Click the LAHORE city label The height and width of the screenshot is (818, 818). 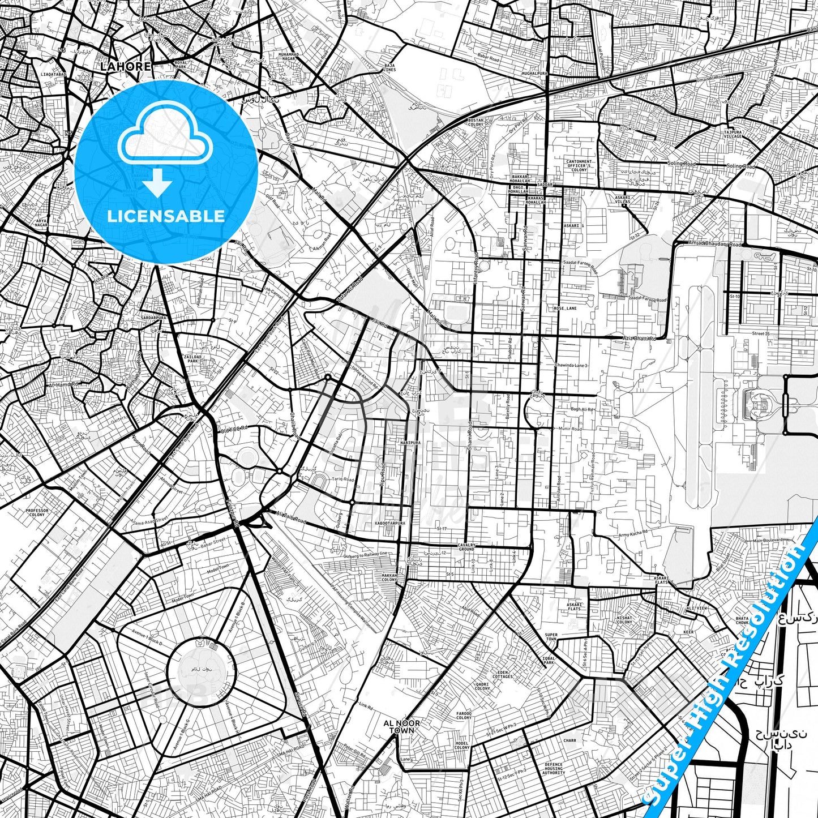click(126, 66)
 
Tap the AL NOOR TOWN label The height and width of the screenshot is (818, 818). click(402, 726)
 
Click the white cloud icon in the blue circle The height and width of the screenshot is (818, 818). click(165, 136)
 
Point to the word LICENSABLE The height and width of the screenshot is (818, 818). click(166, 216)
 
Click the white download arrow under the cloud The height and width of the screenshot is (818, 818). click(157, 183)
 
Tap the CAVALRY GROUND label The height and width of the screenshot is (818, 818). click(466, 547)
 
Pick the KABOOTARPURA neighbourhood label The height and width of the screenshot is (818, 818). click(391, 524)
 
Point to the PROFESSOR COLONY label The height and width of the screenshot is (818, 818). click(37, 512)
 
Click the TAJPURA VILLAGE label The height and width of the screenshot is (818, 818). click(732, 134)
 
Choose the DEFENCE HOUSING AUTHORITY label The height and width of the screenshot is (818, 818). click(553, 768)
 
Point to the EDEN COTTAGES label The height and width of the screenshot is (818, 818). click(502, 674)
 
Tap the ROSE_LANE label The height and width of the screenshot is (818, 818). click(566, 309)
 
